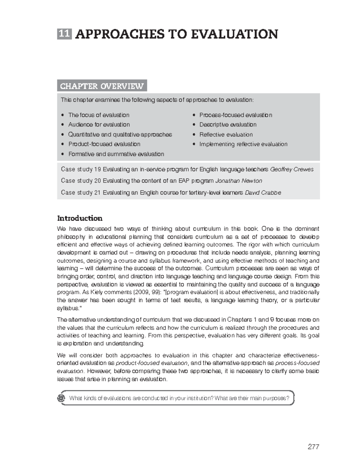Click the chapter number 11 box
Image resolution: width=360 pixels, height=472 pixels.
(x=64, y=34)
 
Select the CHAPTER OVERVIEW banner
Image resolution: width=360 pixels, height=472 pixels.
(x=102, y=86)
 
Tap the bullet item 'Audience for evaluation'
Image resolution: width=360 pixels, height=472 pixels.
(x=99, y=125)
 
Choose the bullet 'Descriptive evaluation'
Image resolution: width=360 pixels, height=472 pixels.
(x=228, y=125)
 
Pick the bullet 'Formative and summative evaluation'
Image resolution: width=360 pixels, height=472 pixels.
(x=116, y=154)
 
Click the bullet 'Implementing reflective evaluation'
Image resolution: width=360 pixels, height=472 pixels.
(x=243, y=144)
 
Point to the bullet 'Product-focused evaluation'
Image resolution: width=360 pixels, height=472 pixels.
(x=104, y=144)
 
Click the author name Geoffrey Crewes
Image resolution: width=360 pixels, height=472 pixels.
(x=292, y=170)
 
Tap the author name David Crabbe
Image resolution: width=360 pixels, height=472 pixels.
(x=263, y=193)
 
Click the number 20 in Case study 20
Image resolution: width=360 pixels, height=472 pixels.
(x=97, y=181)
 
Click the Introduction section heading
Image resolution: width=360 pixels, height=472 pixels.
(x=80, y=218)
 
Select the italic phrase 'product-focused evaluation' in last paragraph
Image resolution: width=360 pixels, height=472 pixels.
(x=152, y=363)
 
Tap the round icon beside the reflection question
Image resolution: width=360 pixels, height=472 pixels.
(x=61, y=398)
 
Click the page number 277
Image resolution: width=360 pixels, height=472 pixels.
(x=313, y=447)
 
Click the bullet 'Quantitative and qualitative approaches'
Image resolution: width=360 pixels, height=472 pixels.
(x=120, y=135)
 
